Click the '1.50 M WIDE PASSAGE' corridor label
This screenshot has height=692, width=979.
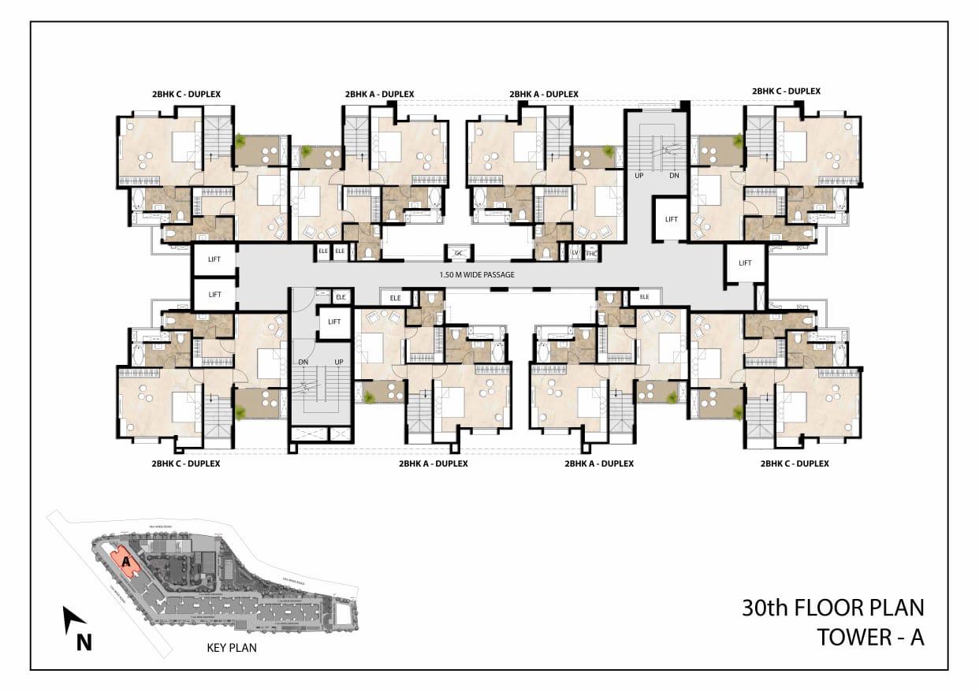(477, 274)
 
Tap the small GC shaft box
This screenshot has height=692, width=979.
(458, 253)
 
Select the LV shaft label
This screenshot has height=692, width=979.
(575, 253)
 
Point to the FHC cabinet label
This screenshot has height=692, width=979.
(592, 253)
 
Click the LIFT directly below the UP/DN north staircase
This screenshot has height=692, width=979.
(671, 219)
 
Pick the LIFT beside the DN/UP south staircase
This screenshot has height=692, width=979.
(334, 322)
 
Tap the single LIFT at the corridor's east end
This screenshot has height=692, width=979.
(745, 262)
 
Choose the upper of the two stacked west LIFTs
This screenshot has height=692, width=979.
(214, 259)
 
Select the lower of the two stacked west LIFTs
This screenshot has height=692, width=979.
(214, 294)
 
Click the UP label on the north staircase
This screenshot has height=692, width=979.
(639, 176)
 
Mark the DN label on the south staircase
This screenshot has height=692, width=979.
(303, 361)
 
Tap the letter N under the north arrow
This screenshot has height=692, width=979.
(84, 643)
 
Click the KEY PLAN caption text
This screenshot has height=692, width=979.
(231, 648)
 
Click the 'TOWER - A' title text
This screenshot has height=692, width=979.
(870, 637)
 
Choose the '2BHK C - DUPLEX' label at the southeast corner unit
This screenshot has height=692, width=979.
(795, 463)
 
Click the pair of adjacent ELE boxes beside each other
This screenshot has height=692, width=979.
(331, 251)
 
